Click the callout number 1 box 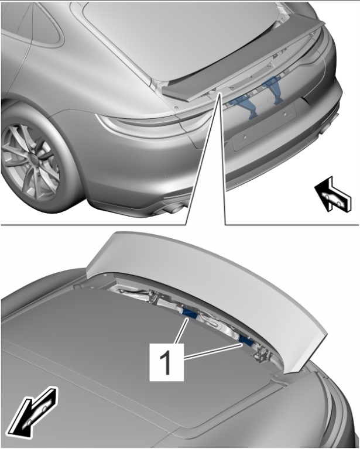(x=167, y=363)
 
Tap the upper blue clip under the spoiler (x=190, y=314)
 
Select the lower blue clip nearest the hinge (x=246, y=341)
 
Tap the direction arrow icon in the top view (x=332, y=194)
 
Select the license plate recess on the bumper (x=263, y=126)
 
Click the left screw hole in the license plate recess (x=246, y=137)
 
